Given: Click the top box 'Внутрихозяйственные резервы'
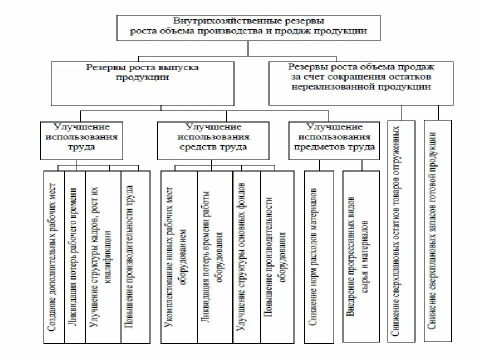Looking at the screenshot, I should (x=248, y=26).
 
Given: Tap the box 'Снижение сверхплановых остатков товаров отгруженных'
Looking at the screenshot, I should (x=400, y=231).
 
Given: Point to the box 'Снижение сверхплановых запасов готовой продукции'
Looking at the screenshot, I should (x=436, y=231).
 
